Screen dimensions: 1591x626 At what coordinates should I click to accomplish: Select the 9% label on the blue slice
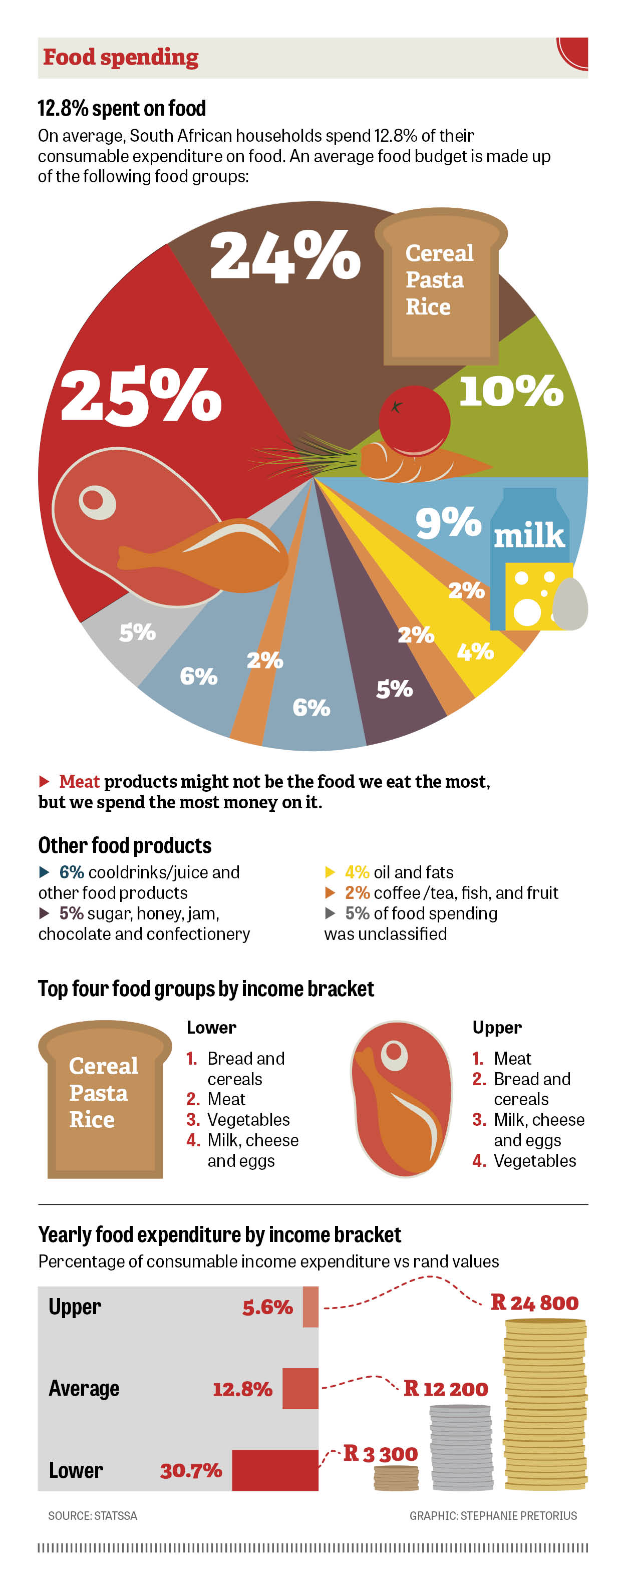(x=448, y=522)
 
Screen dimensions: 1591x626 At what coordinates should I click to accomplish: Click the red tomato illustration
(x=414, y=420)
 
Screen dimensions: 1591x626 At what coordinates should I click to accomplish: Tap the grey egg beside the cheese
(x=569, y=604)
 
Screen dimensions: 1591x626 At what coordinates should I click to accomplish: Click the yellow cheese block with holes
(x=531, y=596)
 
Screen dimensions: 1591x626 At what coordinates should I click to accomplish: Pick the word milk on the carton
(x=529, y=535)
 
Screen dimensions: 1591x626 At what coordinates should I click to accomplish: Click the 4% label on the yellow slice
(x=475, y=651)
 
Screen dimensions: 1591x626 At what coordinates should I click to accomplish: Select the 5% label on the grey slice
(x=137, y=632)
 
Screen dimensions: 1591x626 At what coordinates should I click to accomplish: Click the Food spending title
(x=121, y=58)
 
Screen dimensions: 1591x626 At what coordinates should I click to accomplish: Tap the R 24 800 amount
(x=535, y=1303)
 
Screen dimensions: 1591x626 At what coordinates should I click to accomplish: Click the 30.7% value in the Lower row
(x=191, y=1471)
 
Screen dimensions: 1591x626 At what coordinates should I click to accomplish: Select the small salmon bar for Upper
(x=310, y=1307)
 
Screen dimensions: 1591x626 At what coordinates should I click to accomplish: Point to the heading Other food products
(x=125, y=845)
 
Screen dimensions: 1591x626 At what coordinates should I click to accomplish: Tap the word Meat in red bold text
(x=79, y=781)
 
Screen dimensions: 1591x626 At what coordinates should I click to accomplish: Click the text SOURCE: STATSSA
(x=93, y=1516)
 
